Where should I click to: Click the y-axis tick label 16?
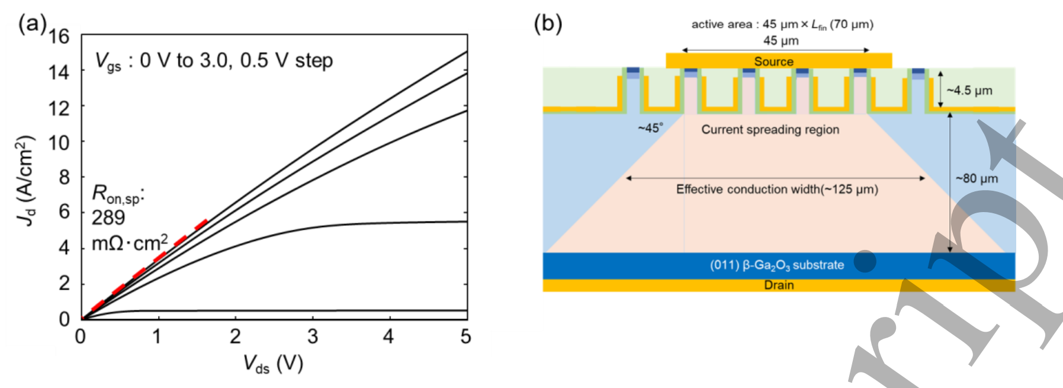coord(59,37)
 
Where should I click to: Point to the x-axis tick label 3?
coord(312,337)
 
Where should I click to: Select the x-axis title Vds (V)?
coord(273,364)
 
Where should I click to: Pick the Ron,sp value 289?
coord(108,218)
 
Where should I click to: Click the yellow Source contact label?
coord(773,62)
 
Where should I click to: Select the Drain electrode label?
coord(779,285)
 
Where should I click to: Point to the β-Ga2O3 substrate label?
coord(777,265)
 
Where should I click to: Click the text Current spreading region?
coord(770,130)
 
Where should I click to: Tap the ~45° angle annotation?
coord(650,128)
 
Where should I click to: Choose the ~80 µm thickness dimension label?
coord(977,178)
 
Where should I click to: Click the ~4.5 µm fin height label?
coord(969,91)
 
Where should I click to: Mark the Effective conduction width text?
coord(777,190)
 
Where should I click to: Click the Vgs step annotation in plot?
coord(214,60)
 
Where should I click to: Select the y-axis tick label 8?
coord(64,177)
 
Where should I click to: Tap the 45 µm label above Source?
coord(781,41)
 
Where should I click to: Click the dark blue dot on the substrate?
coord(865,261)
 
